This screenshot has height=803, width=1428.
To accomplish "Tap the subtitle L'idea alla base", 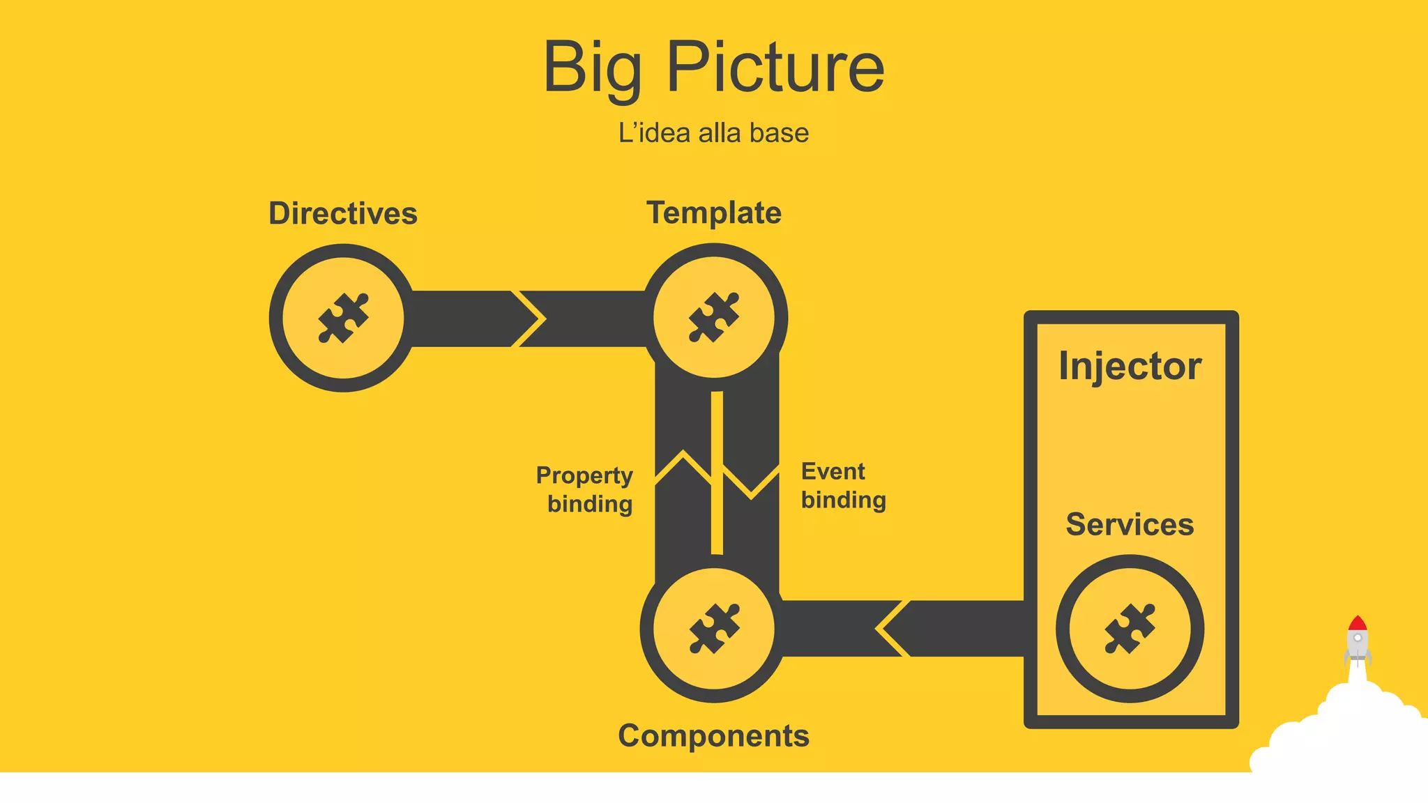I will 713,132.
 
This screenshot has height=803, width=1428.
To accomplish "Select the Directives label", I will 343,213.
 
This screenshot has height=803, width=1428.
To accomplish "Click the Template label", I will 714,213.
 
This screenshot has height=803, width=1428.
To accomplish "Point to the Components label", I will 713,735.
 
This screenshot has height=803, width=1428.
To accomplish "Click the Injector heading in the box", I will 1130,366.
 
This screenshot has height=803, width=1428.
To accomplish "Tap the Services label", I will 1130,524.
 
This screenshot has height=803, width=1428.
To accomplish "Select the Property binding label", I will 586,489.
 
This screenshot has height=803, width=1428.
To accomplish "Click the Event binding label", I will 842,486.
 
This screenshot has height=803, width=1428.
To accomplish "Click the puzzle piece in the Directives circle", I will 343,318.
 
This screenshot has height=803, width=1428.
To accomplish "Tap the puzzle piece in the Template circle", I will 713,317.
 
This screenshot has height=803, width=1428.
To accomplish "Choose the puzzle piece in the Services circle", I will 1130,628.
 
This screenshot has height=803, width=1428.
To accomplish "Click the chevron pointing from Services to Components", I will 891,628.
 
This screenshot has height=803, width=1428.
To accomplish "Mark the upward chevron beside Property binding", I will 683,466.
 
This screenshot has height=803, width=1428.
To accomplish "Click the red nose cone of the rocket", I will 1357,622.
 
